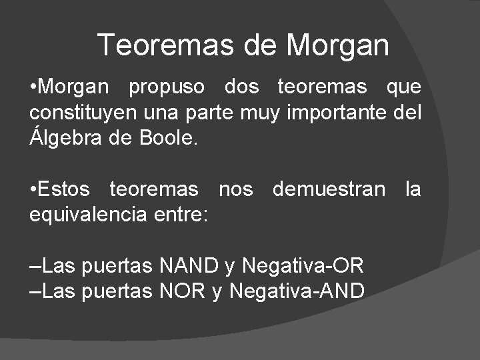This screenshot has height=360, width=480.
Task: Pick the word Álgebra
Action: pos(63,138)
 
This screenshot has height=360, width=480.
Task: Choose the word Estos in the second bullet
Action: pos(64,190)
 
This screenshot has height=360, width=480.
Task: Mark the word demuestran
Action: pos(329,190)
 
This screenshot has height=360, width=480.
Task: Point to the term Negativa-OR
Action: pos(303,266)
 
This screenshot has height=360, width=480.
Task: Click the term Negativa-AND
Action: pos(297,291)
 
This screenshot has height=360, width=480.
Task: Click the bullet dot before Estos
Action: pos(33,190)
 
